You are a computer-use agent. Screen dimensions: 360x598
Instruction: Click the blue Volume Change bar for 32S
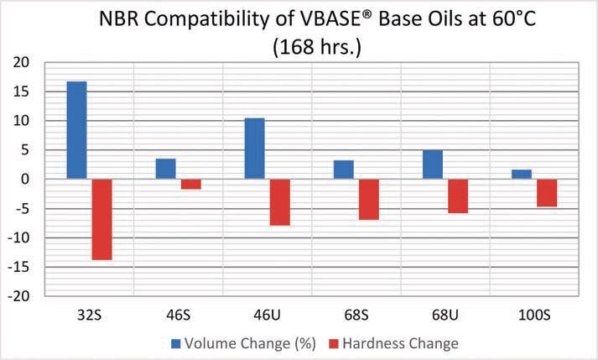[x=77, y=130]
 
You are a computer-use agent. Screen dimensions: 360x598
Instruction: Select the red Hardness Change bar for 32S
[x=102, y=219]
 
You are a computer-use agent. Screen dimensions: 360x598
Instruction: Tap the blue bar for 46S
[x=166, y=169]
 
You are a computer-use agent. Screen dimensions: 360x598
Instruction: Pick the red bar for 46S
[x=191, y=184]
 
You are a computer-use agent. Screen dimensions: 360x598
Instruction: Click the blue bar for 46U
[x=255, y=149]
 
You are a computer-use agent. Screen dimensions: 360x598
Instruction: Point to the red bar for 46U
[x=280, y=202]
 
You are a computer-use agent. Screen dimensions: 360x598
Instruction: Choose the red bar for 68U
[x=458, y=196]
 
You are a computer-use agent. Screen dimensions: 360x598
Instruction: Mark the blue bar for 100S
[x=522, y=174]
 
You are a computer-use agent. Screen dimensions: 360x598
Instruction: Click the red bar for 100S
[x=547, y=192]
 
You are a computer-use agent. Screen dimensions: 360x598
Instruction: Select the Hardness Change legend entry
[x=399, y=343]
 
